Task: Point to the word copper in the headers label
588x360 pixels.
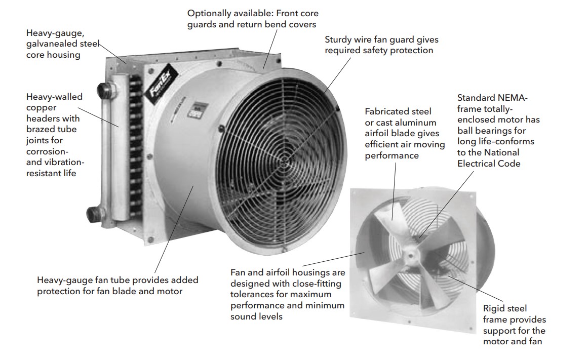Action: coord(41,108)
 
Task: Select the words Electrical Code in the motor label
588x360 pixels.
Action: coord(489,164)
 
